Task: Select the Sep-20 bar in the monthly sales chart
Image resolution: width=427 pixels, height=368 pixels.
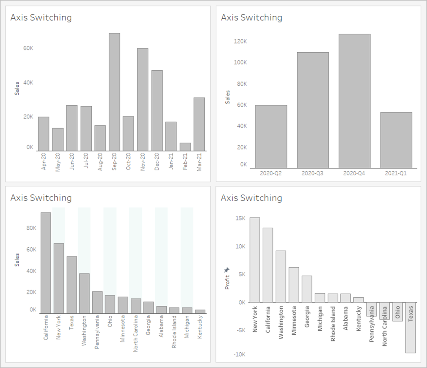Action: click(114, 92)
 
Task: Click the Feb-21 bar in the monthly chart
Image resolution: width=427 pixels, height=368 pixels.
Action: click(185, 147)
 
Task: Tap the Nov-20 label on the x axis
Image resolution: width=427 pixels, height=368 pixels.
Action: click(143, 162)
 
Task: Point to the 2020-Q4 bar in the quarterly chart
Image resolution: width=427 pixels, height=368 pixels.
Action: click(354, 101)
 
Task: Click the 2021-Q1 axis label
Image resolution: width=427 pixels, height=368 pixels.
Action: click(396, 173)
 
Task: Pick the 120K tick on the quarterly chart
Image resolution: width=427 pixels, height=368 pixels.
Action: click(240, 42)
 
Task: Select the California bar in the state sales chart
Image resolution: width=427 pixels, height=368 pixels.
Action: click(46, 263)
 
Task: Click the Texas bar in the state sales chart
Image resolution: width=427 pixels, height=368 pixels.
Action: click(72, 285)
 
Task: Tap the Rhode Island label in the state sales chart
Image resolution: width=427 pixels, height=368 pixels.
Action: click(174, 331)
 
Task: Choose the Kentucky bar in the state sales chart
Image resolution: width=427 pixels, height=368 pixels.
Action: click(200, 312)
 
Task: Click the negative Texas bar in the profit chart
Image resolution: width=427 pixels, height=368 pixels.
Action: click(411, 327)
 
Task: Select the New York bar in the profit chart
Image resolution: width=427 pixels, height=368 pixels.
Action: click(255, 260)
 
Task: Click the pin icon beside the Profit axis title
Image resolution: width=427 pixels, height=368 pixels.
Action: click(227, 270)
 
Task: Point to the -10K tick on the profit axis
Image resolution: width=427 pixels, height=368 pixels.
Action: click(239, 355)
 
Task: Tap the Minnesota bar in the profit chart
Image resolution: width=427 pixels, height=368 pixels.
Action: click(294, 285)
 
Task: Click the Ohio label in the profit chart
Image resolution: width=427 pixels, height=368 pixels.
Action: click(398, 312)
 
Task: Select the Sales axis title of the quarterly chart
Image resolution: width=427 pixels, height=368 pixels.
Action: click(228, 97)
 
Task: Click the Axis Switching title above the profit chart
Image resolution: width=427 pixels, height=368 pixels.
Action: click(251, 198)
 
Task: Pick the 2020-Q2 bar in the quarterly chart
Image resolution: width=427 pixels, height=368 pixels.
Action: click(271, 136)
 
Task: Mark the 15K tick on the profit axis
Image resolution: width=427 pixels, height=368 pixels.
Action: click(240, 218)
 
